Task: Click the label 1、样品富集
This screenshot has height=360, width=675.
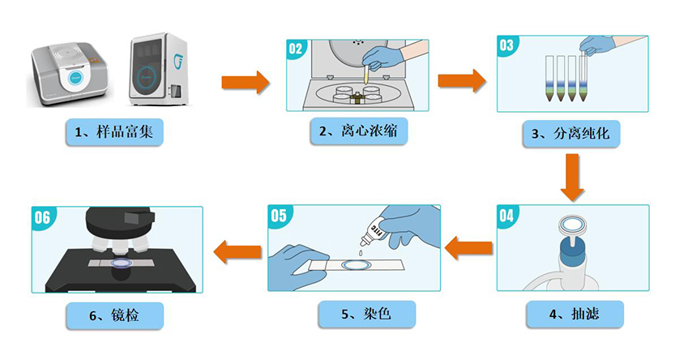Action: [113, 132]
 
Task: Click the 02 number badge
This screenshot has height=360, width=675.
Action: [295, 49]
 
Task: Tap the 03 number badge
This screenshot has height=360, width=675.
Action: [506, 45]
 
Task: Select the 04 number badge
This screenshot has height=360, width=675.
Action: [506, 216]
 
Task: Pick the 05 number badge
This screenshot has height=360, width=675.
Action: [278, 216]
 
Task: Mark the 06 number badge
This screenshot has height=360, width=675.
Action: [41, 216]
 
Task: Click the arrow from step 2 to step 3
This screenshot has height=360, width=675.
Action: [462, 80]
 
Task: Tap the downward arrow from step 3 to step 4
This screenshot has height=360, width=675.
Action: [573, 177]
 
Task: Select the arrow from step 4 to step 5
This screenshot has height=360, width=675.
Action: [469, 248]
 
